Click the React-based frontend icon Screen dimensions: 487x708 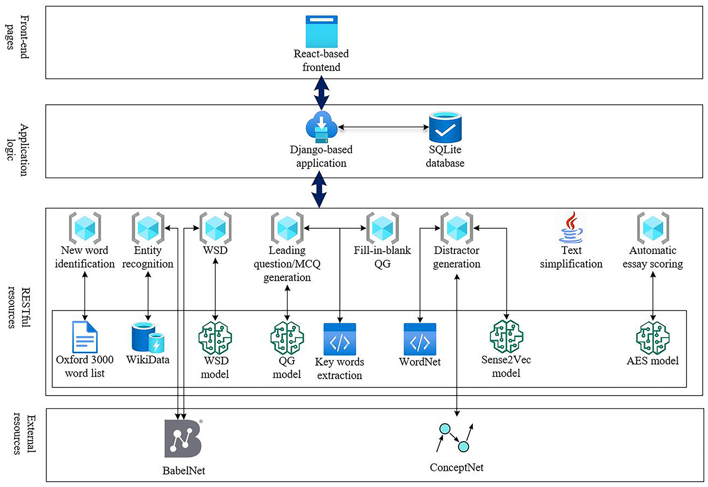coord(321,32)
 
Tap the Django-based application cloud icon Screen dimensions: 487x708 coord(321,127)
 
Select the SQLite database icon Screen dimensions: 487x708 coord(445,127)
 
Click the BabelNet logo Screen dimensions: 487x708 coord(183,439)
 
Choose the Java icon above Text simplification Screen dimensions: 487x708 coord(571,228)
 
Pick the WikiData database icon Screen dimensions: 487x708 coord(148,338)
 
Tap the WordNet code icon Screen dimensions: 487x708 coord(420,339)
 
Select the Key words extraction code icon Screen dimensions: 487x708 coord(340,339)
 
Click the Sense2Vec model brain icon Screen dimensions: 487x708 coord(506,337)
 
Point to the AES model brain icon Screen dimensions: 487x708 coord(652,338)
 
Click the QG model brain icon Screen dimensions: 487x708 coord(287,338)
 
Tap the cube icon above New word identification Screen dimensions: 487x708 coord(85,228)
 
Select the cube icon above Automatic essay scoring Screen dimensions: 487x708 coord(653,228)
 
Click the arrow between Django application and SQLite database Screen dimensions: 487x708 coord(383,127)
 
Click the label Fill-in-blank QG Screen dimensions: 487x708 coord(382,257)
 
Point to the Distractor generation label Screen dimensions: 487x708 coord(457,257)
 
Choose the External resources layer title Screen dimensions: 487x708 coord(24,434)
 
